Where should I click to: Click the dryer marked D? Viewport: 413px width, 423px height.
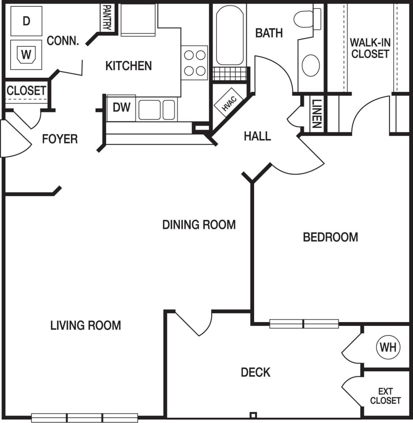pos(26,21)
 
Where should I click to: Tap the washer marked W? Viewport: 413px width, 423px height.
pos(26,54)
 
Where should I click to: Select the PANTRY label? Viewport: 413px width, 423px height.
pos(107,17)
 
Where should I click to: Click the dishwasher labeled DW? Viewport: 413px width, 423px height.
pos(121,108)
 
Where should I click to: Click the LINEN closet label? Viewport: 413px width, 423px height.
pos(317,114)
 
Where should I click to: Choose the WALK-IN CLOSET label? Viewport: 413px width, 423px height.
pos(370,48)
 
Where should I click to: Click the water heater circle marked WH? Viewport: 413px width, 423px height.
pos(388,347)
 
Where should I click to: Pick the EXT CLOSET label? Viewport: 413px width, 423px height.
pos(385,396)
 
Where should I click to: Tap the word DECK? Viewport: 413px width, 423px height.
pos(255,372)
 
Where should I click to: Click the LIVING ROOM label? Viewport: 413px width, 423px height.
pos(86,325)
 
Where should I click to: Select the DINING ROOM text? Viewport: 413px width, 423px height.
pos(199,225)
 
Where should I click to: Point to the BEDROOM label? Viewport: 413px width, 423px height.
pos(330,237)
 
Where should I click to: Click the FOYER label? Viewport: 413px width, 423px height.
pos(60,139)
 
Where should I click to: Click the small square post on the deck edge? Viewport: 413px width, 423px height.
pos(253,415)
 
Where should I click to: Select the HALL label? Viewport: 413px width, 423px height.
pos(257,136)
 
